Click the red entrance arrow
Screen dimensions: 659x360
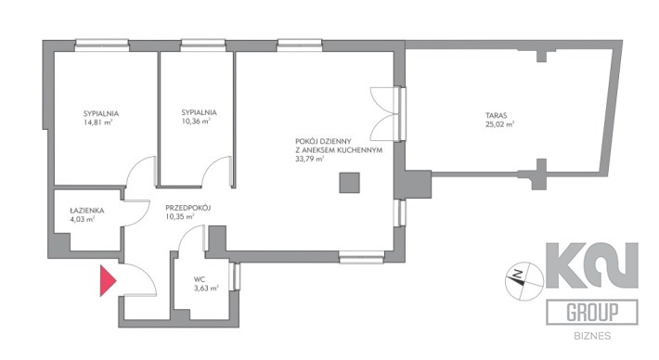[107, 280]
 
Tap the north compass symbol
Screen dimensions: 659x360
[524, 282]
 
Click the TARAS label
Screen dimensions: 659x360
[497, 115]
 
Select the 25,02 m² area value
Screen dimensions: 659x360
[499, 124]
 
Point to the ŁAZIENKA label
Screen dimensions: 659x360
[87, 211]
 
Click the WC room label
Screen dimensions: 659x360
[200, 279]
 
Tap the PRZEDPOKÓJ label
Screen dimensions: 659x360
[187, 208]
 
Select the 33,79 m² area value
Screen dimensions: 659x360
[310, 159]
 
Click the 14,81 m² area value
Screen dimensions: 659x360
[98, 122]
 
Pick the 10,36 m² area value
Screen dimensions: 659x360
[196, 122]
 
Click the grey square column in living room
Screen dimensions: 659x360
[349, 183]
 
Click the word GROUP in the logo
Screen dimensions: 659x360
[592, 313]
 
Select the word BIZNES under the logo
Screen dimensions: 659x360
[592, 336]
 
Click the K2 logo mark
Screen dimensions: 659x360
[592, 265]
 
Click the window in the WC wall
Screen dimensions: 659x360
[236, 276]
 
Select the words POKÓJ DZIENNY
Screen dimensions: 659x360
[323, 142]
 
